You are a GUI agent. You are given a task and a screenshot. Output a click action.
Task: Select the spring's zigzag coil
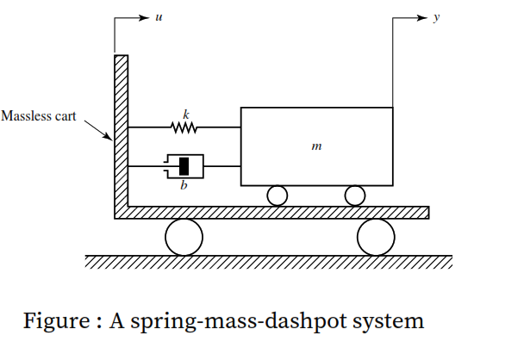(184, 127)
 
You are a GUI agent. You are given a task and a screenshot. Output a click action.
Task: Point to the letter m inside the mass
(316, 147)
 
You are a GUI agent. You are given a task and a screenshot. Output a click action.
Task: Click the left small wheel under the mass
(277, 196)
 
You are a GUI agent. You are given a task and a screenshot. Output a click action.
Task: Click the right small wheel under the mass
(354, 196)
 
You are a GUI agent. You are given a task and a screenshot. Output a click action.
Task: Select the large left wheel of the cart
(184, 237)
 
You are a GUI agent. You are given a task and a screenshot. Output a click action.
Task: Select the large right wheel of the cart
(376, 237)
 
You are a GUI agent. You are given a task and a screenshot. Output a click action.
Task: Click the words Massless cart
(39, 115)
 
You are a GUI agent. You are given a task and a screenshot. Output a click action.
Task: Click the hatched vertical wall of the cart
(122, 129)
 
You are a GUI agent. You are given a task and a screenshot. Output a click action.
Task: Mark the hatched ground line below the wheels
(268, 262)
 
